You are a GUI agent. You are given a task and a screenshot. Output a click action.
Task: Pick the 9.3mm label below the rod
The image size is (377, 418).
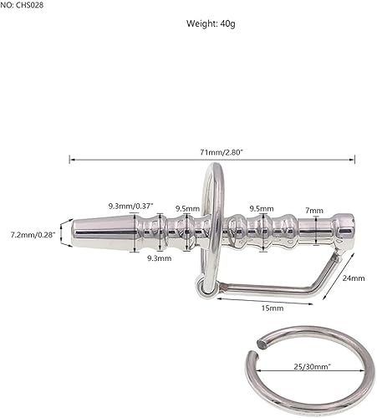[x=159, y=258]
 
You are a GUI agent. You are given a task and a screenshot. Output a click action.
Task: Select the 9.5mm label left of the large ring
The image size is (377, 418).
[x=186, y=208]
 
